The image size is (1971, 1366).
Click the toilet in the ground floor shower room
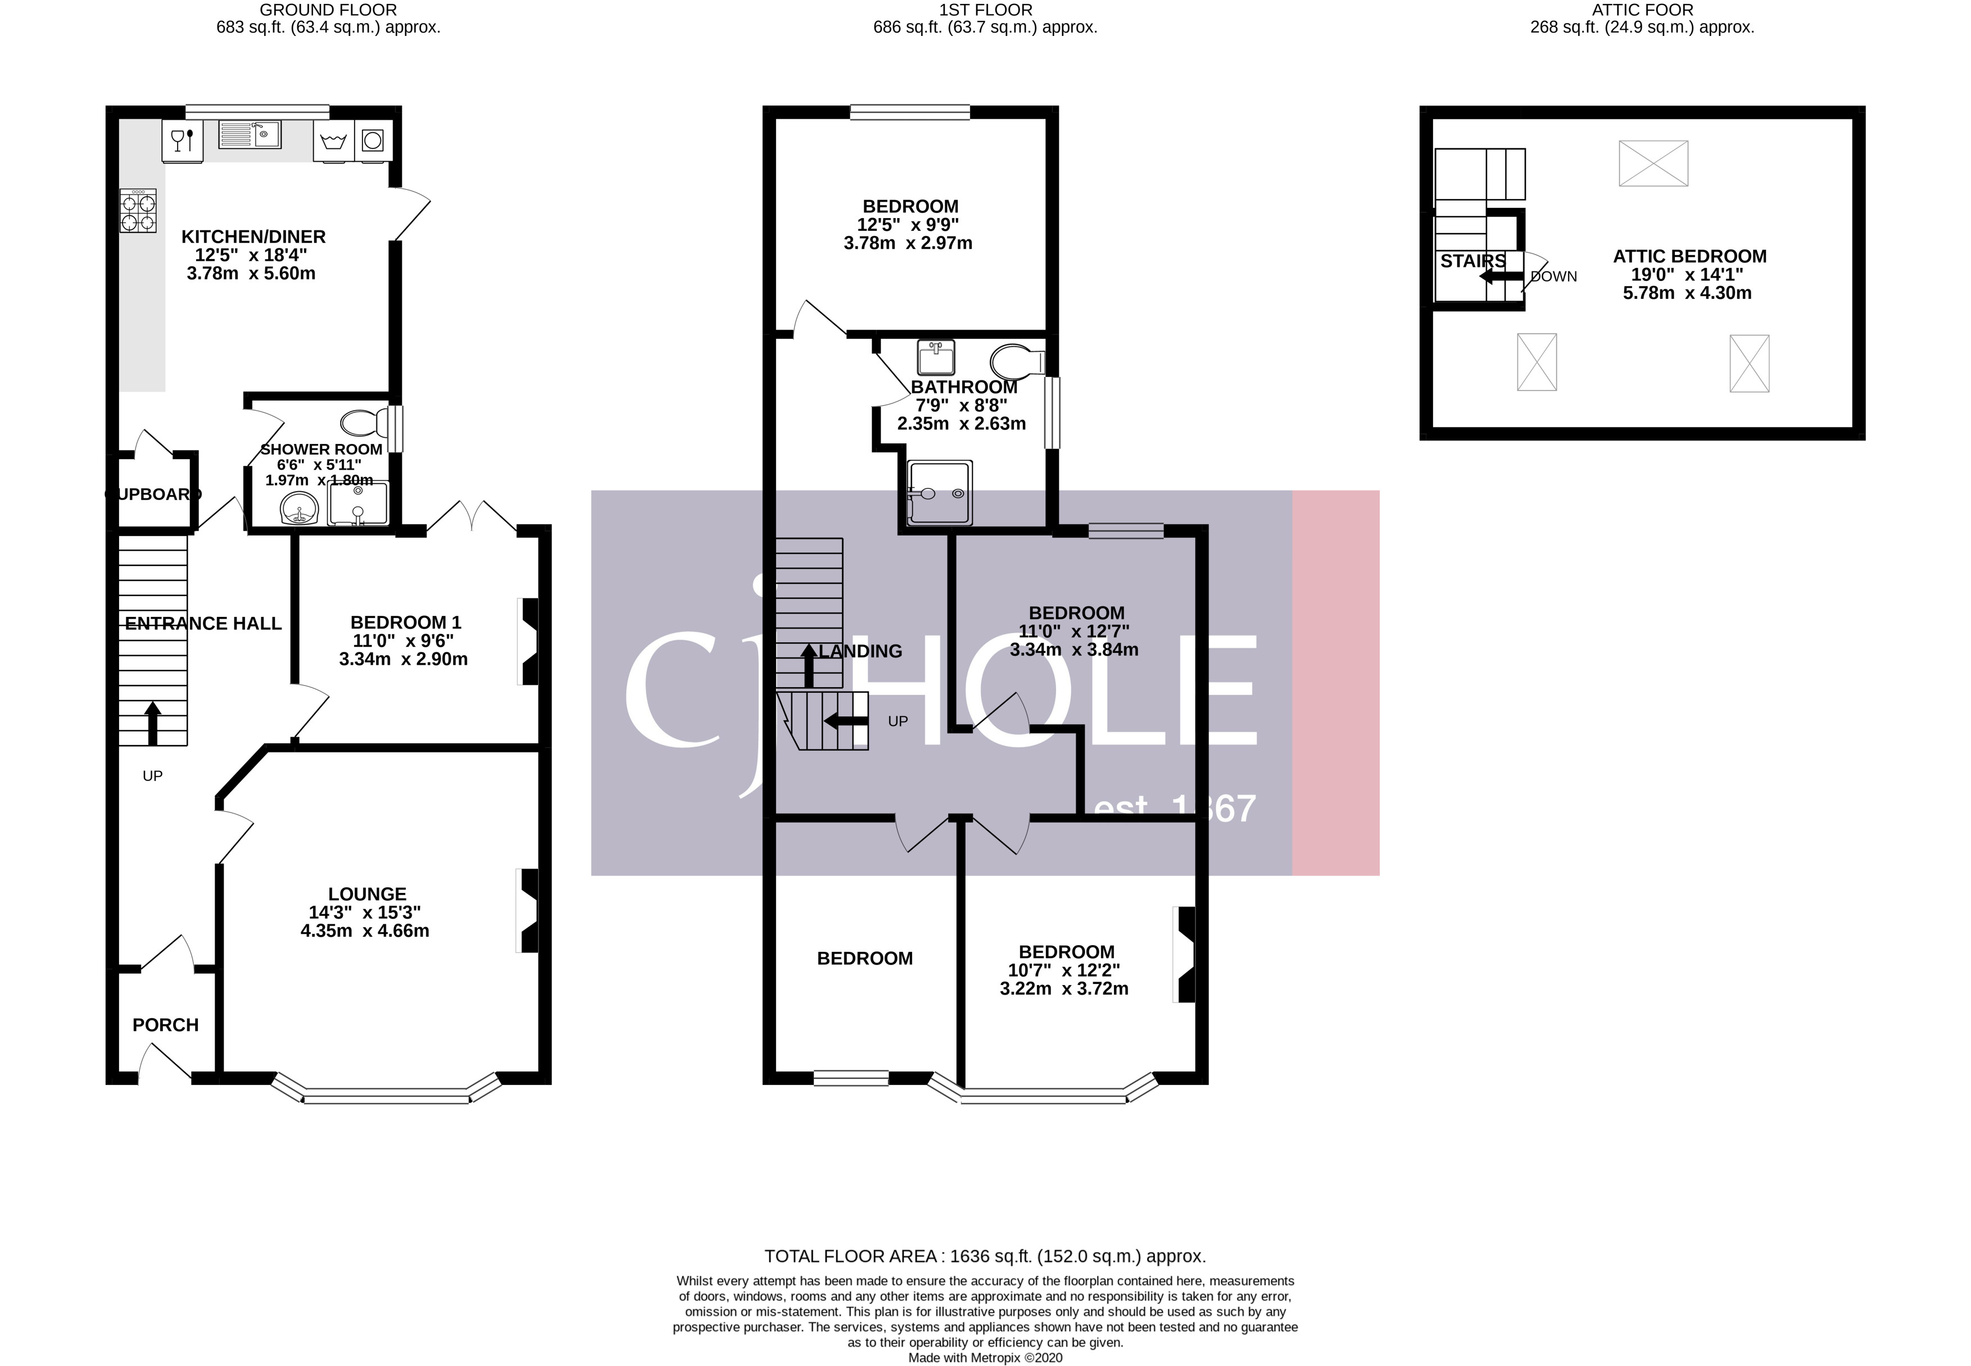tap(363, 423)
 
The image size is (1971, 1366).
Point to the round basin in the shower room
tap(298, 511)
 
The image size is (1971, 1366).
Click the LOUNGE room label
tap(366, 893)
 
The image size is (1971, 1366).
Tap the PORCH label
tap(165, 1024)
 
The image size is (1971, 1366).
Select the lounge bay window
tap(386, 1095)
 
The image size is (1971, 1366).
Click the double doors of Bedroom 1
tap(472, 516)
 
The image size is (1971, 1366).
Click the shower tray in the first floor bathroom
tap(940, 493)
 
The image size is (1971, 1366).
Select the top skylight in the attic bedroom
tap(1653, 164)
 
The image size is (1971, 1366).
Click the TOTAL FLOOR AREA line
tap(984, 1256)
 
